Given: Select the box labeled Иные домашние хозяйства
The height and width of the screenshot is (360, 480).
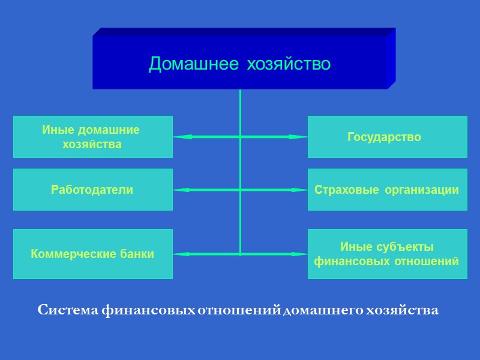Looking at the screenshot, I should coord(92,137).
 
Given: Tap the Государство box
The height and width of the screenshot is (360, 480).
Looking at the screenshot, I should coord(387,137).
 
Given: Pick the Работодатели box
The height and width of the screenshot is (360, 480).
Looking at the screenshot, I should coord(92,190).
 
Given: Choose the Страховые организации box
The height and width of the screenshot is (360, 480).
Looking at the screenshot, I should coord(387,190).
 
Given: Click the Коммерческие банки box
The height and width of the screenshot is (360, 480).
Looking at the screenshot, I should coord(92,254).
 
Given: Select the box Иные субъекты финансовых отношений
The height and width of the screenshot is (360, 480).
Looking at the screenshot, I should coord(387,254).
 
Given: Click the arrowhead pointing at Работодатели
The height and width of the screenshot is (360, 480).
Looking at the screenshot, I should coord(181,190).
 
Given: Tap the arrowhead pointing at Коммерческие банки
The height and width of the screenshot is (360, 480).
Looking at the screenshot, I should coord(181,254).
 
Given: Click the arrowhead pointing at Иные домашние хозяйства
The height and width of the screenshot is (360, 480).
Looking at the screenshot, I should coord(181,137).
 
